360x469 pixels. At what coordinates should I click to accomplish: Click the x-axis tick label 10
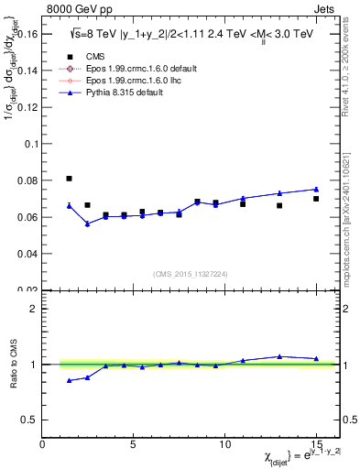pos(224,444)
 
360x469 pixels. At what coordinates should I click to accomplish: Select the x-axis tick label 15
pos(316,444)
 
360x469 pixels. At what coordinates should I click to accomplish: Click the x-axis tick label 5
pos(134,444)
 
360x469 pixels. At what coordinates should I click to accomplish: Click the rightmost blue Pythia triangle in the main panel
pos(316,190)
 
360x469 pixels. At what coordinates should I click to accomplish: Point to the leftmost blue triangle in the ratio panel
pos(70,380)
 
